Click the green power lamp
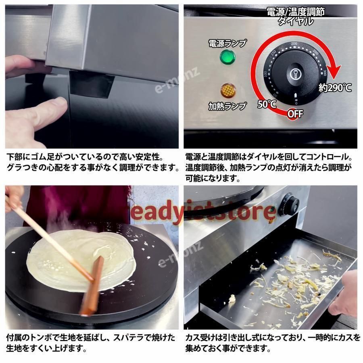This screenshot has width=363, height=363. [x=227, y=57]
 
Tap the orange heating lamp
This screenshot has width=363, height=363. [x=228, y=90]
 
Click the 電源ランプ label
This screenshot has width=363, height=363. [x=227, y=43]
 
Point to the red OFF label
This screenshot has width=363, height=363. [x=295, y=114]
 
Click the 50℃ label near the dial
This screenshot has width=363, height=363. [x=267, y=104]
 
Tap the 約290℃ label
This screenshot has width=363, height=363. [x=335, y=88]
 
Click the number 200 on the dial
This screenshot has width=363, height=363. [x=294, y=44]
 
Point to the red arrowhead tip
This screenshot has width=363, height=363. [x=334, y=79]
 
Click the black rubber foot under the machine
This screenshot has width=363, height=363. [x=92, y=84]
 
